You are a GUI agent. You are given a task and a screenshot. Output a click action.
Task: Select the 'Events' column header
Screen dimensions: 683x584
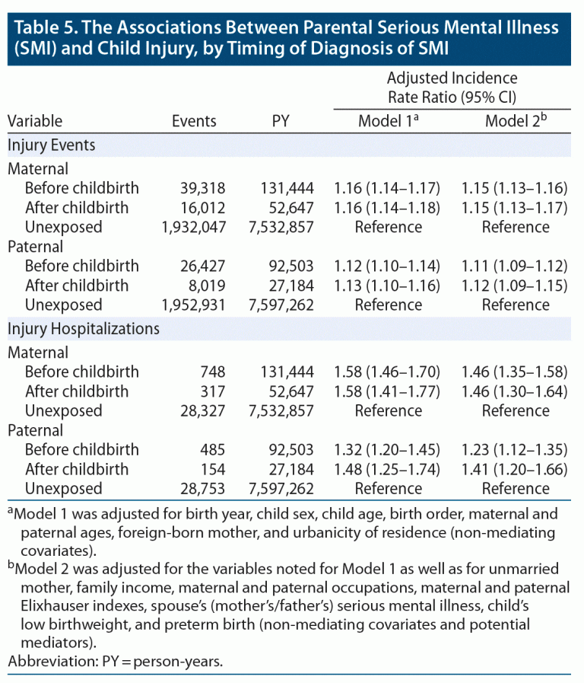194,120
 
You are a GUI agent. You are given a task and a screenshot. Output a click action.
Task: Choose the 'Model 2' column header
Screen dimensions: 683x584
515,120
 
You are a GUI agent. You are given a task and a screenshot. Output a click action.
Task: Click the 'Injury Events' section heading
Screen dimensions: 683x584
52,144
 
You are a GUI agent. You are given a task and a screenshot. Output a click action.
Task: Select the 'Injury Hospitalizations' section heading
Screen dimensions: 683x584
84,329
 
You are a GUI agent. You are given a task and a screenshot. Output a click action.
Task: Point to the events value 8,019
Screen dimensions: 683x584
198,286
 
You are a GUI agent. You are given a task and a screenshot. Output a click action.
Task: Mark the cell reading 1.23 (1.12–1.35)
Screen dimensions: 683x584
515,449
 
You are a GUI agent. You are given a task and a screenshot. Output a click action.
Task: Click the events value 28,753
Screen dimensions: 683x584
193,488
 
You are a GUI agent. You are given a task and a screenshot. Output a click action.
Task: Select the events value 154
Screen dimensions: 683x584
204,469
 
